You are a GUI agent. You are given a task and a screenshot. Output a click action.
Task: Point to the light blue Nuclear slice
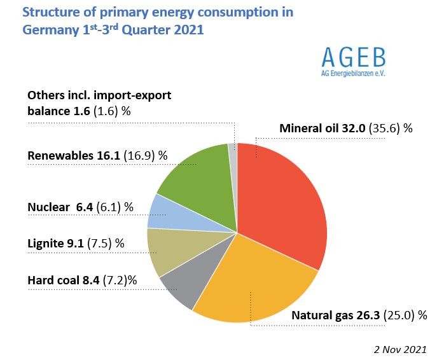pos(163,212)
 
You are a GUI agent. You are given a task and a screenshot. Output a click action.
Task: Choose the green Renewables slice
pos(194,175)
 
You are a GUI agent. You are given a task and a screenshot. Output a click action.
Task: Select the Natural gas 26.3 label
pos(330,315)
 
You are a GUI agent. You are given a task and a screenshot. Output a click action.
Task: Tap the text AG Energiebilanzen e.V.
pos(353,73)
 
